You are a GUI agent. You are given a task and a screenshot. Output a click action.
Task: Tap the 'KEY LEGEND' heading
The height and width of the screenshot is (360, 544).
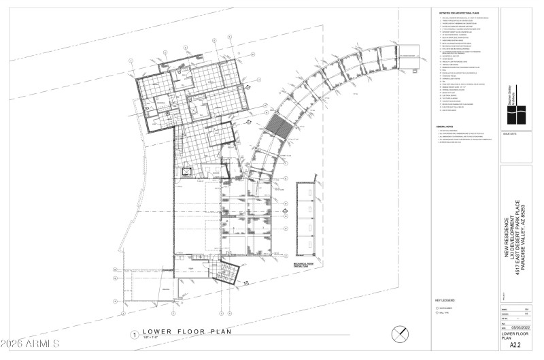pos(444,299)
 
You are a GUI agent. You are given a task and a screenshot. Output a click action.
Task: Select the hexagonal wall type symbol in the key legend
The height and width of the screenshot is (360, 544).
pos(439,315)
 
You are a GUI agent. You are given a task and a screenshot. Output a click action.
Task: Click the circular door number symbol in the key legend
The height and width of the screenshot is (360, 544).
pos(439,309)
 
